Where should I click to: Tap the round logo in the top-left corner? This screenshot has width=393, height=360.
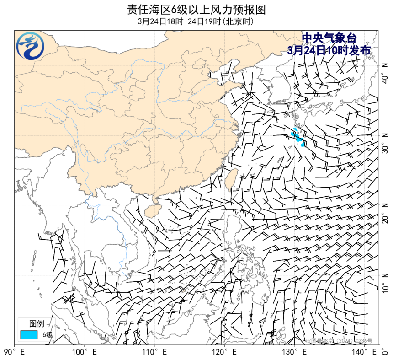click(30, 46)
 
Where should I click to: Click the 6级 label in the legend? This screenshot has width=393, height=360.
click(48, 335)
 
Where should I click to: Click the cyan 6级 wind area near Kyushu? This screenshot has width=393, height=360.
click(298, 137)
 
